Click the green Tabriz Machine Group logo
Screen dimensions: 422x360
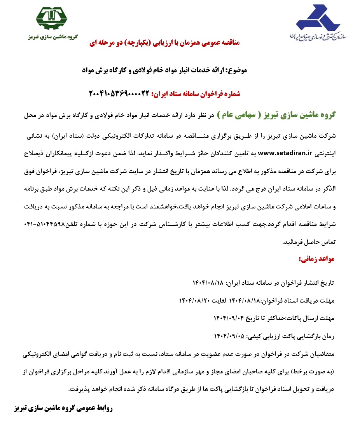[x=51, y=18]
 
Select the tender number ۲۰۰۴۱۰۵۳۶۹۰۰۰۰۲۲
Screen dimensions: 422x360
[x=119, y=93]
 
